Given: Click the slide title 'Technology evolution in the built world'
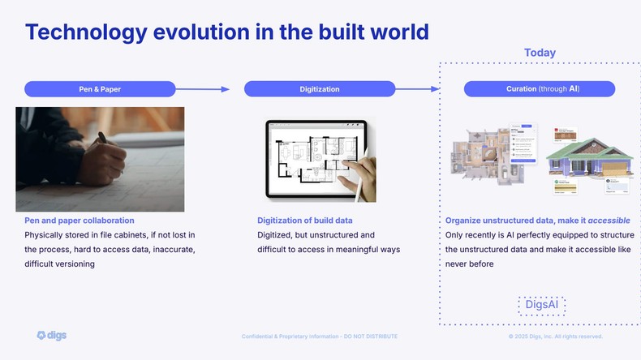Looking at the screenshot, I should point(226,32).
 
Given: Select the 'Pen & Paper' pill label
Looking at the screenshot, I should point(100,89).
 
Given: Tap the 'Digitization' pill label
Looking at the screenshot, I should point(319,89).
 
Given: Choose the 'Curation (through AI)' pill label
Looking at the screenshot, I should point(539,89).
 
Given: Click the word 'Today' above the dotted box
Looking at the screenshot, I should point(540,53).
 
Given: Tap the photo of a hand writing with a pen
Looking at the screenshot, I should point(100,159).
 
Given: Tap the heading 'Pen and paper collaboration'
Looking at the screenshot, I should point(79,221).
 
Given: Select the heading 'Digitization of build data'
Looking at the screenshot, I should point(304,221).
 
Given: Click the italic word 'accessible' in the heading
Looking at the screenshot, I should point(609,221).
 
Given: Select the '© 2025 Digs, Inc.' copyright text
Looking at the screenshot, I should point(555,336).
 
